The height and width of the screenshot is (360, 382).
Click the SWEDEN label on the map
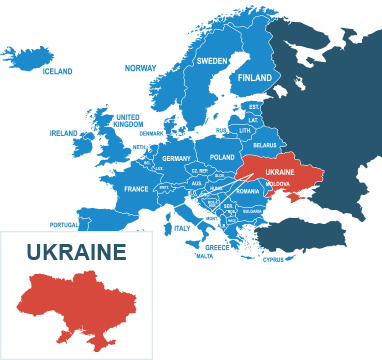(x=211, y=61)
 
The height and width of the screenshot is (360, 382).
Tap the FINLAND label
(x=255, y=78)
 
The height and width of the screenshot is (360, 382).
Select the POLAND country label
(x=222, y=158)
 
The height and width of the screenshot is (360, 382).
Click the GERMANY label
(x=176, y=159)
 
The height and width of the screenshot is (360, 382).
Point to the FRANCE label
(x=136, y=189)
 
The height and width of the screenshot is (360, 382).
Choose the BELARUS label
(x=265, y=145)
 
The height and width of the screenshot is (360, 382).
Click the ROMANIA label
(x=247, y=191)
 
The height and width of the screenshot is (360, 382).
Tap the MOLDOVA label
(x=278, y=185)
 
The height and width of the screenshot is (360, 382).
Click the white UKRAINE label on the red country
(x=280, y=172)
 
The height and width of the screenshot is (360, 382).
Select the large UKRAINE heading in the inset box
(x=76, y=252)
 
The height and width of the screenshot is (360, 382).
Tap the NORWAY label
(x=140, y=68)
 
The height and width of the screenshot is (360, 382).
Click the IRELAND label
(x=64, y=132)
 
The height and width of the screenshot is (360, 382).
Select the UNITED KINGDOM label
(x=127, y=120)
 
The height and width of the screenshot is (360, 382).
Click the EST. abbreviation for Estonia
(x=254, y=106)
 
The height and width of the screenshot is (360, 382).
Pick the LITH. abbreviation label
(x=245, y=131)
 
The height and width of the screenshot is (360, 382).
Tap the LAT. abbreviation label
(x=253, y=120)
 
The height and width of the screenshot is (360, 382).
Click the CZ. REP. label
(x=200, y=171)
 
